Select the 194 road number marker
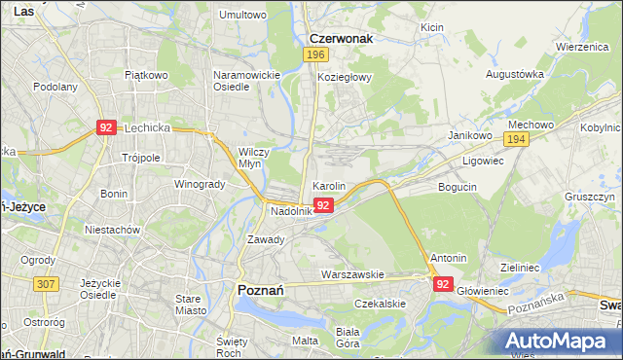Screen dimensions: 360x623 tap(516, 140)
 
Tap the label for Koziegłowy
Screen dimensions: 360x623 tap(345, 78)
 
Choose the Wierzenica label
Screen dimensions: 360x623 tap(582, 47)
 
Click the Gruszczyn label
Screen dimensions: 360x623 tap(589, 196)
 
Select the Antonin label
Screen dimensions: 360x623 tap(448, 258)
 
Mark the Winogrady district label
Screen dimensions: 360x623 tap(199, 184)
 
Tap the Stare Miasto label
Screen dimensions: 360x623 tap(188, 304)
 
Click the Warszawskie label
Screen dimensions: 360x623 tap(355, 274)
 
